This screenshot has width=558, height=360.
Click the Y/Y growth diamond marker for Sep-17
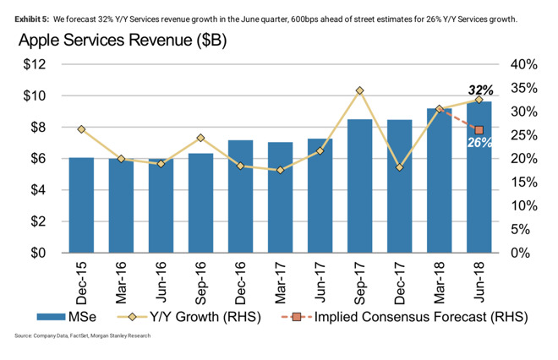(359, 90)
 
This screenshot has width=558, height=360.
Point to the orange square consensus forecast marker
(479, 130)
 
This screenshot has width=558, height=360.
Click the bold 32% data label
(479, 90)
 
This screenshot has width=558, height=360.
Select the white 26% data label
(479, 143)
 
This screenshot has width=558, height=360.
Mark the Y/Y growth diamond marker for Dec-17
(399, 167)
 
